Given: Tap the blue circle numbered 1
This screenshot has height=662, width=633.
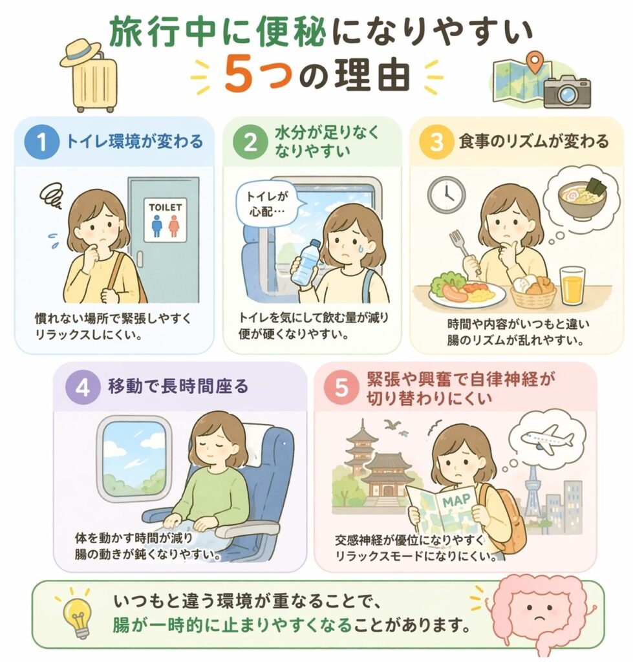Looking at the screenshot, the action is coord(41,142).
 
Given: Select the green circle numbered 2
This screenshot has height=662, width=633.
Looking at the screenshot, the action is coord(250,142).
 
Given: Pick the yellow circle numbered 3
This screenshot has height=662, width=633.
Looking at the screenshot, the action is coord(436,142).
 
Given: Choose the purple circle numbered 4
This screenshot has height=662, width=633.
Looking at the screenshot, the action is coord(83,387).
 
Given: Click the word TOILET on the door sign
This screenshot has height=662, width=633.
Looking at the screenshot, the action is coord(165,208).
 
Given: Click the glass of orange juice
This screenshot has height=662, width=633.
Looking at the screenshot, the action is coord(573,286).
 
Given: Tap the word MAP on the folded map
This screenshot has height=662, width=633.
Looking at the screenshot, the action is coord(456,501).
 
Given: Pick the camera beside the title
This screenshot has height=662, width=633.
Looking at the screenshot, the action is coord(566,91).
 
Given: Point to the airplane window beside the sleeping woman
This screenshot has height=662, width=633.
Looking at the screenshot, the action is coord(134,458).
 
